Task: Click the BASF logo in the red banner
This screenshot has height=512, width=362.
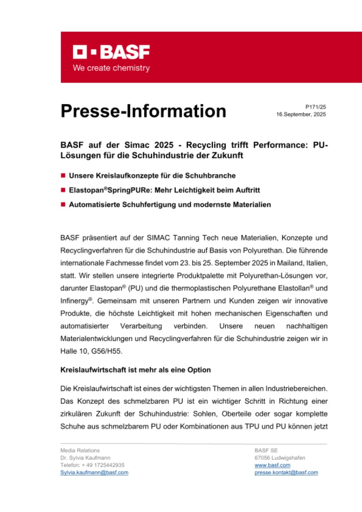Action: (111, 52)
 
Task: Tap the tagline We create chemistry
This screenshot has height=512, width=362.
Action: (111, 68)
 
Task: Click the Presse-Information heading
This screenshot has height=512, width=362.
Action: (143, 111)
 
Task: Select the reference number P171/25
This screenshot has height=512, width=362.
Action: (316, 107)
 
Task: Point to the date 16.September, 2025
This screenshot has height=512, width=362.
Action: (301, 114)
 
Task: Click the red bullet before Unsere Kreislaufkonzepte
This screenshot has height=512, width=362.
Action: (63, 176)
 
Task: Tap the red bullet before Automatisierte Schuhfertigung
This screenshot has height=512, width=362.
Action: (63, 204)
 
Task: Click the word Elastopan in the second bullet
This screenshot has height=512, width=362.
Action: (84, 190)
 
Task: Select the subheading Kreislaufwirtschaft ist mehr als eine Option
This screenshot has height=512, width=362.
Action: (136, 370)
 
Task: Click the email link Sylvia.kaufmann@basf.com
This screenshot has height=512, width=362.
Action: (94, 472)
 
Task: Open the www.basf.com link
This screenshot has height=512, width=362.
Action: (272, 465)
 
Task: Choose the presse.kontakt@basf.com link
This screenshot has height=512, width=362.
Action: (286, 472)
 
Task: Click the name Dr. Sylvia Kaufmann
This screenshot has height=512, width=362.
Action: (86, 458)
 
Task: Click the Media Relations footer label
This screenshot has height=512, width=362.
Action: (80, 450)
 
